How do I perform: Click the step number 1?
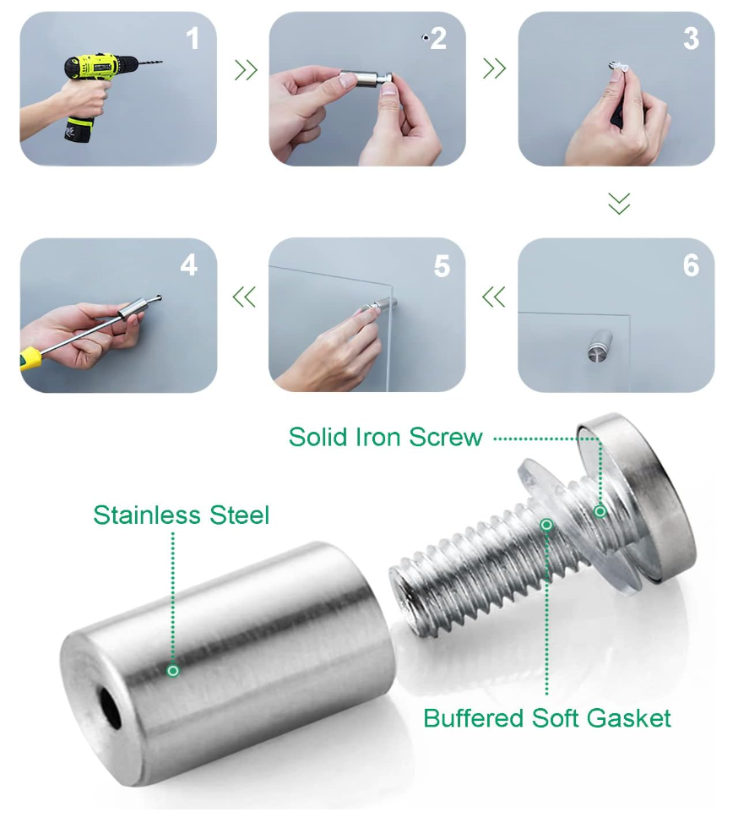193,39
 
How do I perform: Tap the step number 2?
438,39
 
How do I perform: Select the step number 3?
691,39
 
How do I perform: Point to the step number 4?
189,265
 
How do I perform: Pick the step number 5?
442,266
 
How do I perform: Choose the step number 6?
691,265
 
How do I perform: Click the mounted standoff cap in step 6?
600,345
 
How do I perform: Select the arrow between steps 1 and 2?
246,69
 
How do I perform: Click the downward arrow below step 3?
619,203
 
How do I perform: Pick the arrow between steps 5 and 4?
244,297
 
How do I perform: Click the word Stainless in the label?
146,515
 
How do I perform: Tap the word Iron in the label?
377,437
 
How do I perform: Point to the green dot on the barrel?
172,670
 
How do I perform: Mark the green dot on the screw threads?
546,525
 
